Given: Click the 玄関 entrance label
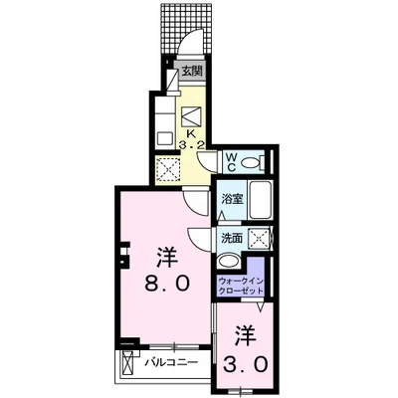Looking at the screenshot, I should click(x=192, y=72).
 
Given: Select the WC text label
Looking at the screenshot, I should click(x=229, y=161).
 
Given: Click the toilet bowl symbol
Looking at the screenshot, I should click(x=253, y=162).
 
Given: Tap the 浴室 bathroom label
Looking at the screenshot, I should click(x=229, y=198).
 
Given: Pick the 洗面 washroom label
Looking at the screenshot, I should click(x=231, y=239).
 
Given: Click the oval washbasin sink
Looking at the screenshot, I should click(x=229, y=263).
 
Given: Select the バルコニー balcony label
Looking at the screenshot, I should click(x=170, y=362).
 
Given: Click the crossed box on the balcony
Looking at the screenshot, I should click(x=127, y=366).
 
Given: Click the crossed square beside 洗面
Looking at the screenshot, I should click(x=259, y=240).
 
